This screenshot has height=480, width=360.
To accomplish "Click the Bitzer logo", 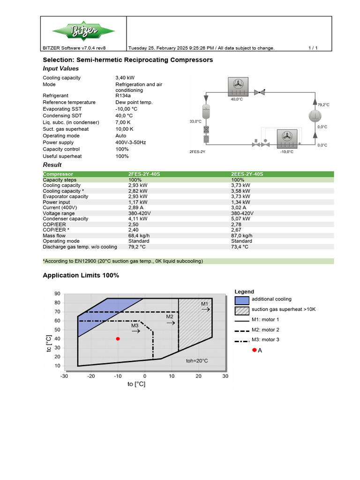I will (x=83, y=31).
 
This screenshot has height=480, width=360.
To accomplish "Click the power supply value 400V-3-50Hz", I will (x=131, y=142).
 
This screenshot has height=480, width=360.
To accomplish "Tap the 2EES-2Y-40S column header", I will (x=247, y=174).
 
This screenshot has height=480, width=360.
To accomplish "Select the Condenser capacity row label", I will (x=65, y=219).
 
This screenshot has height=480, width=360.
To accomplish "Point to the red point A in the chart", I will (x=118, y=338).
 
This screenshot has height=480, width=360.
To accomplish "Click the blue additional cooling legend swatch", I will (x=241, y=300).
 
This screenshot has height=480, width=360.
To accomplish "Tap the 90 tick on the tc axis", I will (x=57, y=294).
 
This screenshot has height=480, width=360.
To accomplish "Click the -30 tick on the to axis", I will (x=64, y=376).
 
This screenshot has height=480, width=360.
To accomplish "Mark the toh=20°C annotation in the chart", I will (x=197, y=361).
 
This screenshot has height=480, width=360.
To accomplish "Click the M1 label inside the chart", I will (x=205, y=304).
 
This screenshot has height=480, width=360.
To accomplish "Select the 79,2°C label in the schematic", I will (x=323, y=105).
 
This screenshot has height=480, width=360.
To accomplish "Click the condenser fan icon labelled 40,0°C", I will (x=239, y=84).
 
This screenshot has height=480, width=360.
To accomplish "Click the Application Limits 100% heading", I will (x=81, y=276).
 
